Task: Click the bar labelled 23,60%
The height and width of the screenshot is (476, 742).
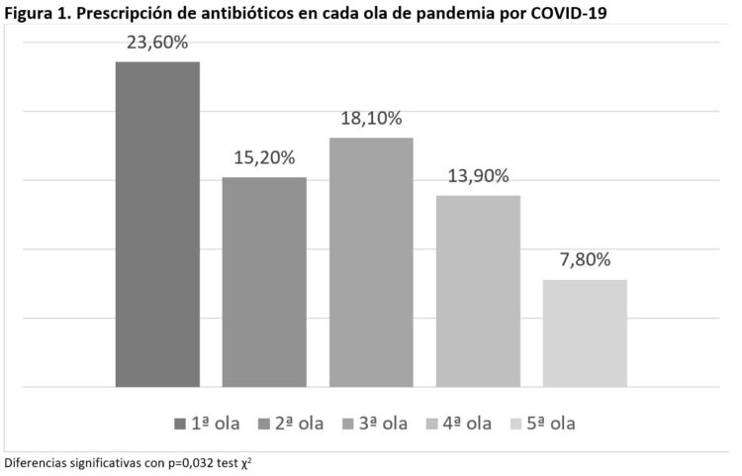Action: pos(157,224)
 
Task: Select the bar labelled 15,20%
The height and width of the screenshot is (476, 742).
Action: pos(264,282)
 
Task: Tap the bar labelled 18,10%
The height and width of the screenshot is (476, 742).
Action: pos(371,262)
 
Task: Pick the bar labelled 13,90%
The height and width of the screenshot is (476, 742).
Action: pos(478,291)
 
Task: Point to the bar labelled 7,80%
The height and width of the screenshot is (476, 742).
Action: pos(585,333)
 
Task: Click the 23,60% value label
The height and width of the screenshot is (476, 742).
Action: pos(157,44)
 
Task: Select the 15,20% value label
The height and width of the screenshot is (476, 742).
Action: pos(264,158)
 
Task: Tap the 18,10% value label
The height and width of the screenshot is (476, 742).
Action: pos(371,119)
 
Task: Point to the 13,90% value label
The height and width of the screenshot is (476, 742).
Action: pos(478,176)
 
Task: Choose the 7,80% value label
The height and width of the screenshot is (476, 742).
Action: pos(585,260)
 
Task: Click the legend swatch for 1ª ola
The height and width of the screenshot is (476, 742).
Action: pos(179,424)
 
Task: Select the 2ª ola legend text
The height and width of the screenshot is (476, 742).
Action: pos(299,424)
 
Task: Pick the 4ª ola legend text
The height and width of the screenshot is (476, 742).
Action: pos(466,424)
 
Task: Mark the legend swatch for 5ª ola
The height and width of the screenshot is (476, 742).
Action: pos(515,424)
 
